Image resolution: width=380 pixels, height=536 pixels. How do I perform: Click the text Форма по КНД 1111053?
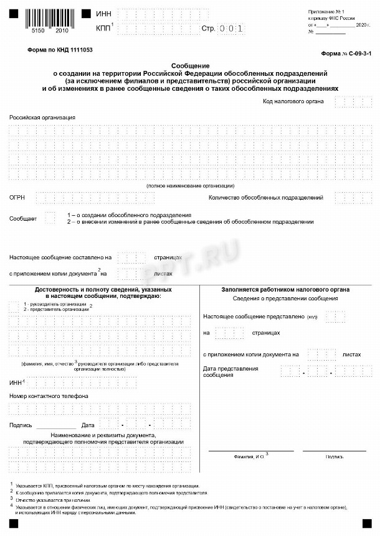(60, 49)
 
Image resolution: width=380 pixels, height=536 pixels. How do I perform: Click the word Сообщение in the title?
(189, 65)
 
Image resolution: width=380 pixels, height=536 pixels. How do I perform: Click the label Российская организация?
(42, 117)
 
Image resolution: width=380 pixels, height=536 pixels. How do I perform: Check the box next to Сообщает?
(50, 218)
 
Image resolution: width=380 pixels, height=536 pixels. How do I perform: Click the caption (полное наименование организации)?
(190, 186)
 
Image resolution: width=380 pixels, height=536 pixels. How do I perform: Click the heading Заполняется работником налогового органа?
(285, 290)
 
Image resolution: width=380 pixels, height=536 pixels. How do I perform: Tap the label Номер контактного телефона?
(49, 396)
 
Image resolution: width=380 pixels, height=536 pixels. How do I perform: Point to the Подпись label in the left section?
(21, 425)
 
